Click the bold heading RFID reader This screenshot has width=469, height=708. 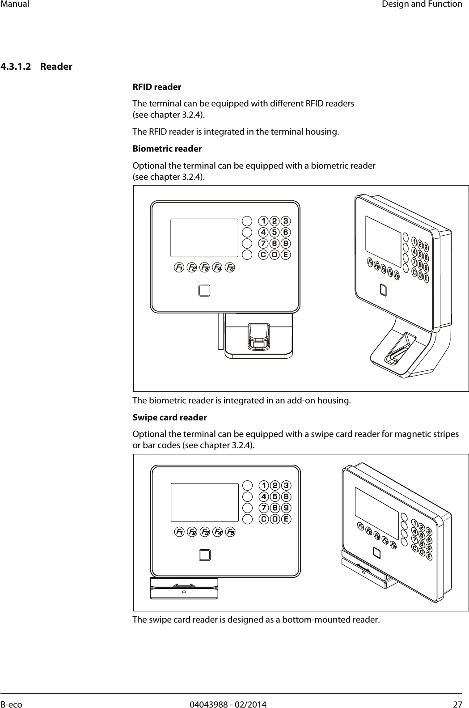157,87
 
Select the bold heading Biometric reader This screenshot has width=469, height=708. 167,148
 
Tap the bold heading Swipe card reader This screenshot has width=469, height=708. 170,418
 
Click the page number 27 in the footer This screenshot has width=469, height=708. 457,704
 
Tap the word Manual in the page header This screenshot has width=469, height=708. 15,4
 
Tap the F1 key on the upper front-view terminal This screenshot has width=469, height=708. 179,268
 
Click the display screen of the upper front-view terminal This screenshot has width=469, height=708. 204,238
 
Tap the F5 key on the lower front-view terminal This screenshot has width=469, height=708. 231,532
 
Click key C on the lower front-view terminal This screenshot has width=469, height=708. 264,519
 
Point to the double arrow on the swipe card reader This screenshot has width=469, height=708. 184,585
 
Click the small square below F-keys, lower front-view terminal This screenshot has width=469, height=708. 204,555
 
